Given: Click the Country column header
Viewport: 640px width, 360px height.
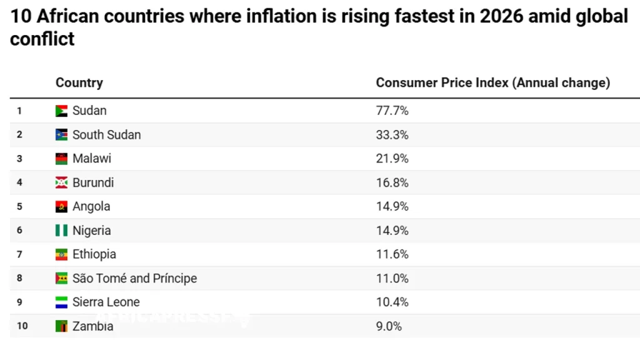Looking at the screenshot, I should point(79,82).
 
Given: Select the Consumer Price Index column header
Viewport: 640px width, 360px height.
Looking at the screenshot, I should point(492,82).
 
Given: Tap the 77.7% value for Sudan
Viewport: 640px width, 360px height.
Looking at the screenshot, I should point(392,111).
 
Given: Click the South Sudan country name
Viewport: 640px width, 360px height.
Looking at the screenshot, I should point(106,135).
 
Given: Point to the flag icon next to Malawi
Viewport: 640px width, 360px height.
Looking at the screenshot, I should point(61,159).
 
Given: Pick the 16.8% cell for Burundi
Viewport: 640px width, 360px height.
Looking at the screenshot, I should point(392,183).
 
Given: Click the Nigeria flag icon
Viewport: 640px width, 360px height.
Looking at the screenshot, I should point(61,231).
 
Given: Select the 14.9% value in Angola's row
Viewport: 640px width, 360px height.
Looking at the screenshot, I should point(392,207).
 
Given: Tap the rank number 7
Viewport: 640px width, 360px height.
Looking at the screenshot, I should point(19,254).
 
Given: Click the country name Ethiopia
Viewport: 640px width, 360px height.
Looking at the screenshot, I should point(94,254).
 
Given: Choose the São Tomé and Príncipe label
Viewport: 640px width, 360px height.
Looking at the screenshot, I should point(134,279).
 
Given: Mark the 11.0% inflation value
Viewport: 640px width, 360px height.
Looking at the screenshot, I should point(392,279).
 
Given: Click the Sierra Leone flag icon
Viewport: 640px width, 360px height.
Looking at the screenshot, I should point(61,302).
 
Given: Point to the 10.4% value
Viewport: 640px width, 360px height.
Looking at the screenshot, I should point(392,302).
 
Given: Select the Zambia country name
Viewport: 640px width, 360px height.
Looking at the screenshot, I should point(92,326).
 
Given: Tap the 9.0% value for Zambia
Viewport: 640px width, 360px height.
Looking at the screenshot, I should point(389,326).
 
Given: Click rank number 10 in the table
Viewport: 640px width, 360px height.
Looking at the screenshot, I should point(22,326).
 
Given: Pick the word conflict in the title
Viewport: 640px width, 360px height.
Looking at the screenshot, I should point(42,39).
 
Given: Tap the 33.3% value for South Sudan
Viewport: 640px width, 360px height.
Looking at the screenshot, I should point(392,135).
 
